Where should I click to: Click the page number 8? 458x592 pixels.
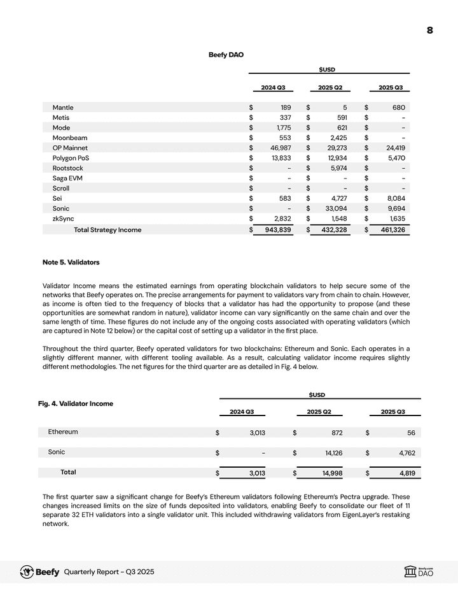coord(430,30)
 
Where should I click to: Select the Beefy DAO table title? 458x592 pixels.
coord(226,55)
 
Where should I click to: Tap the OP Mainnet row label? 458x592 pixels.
coord(70,148)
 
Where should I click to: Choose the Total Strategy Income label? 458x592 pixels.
coord(108,229)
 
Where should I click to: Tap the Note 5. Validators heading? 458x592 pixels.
coord(71,262)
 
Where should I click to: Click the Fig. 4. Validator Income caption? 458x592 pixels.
coord(76,403)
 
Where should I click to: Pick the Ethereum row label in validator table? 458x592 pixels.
coord(63,432)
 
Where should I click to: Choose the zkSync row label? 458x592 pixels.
coord(62,219)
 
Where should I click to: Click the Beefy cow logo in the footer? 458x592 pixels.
coord(27,572)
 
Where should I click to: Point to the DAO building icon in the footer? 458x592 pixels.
coord(410,572)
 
